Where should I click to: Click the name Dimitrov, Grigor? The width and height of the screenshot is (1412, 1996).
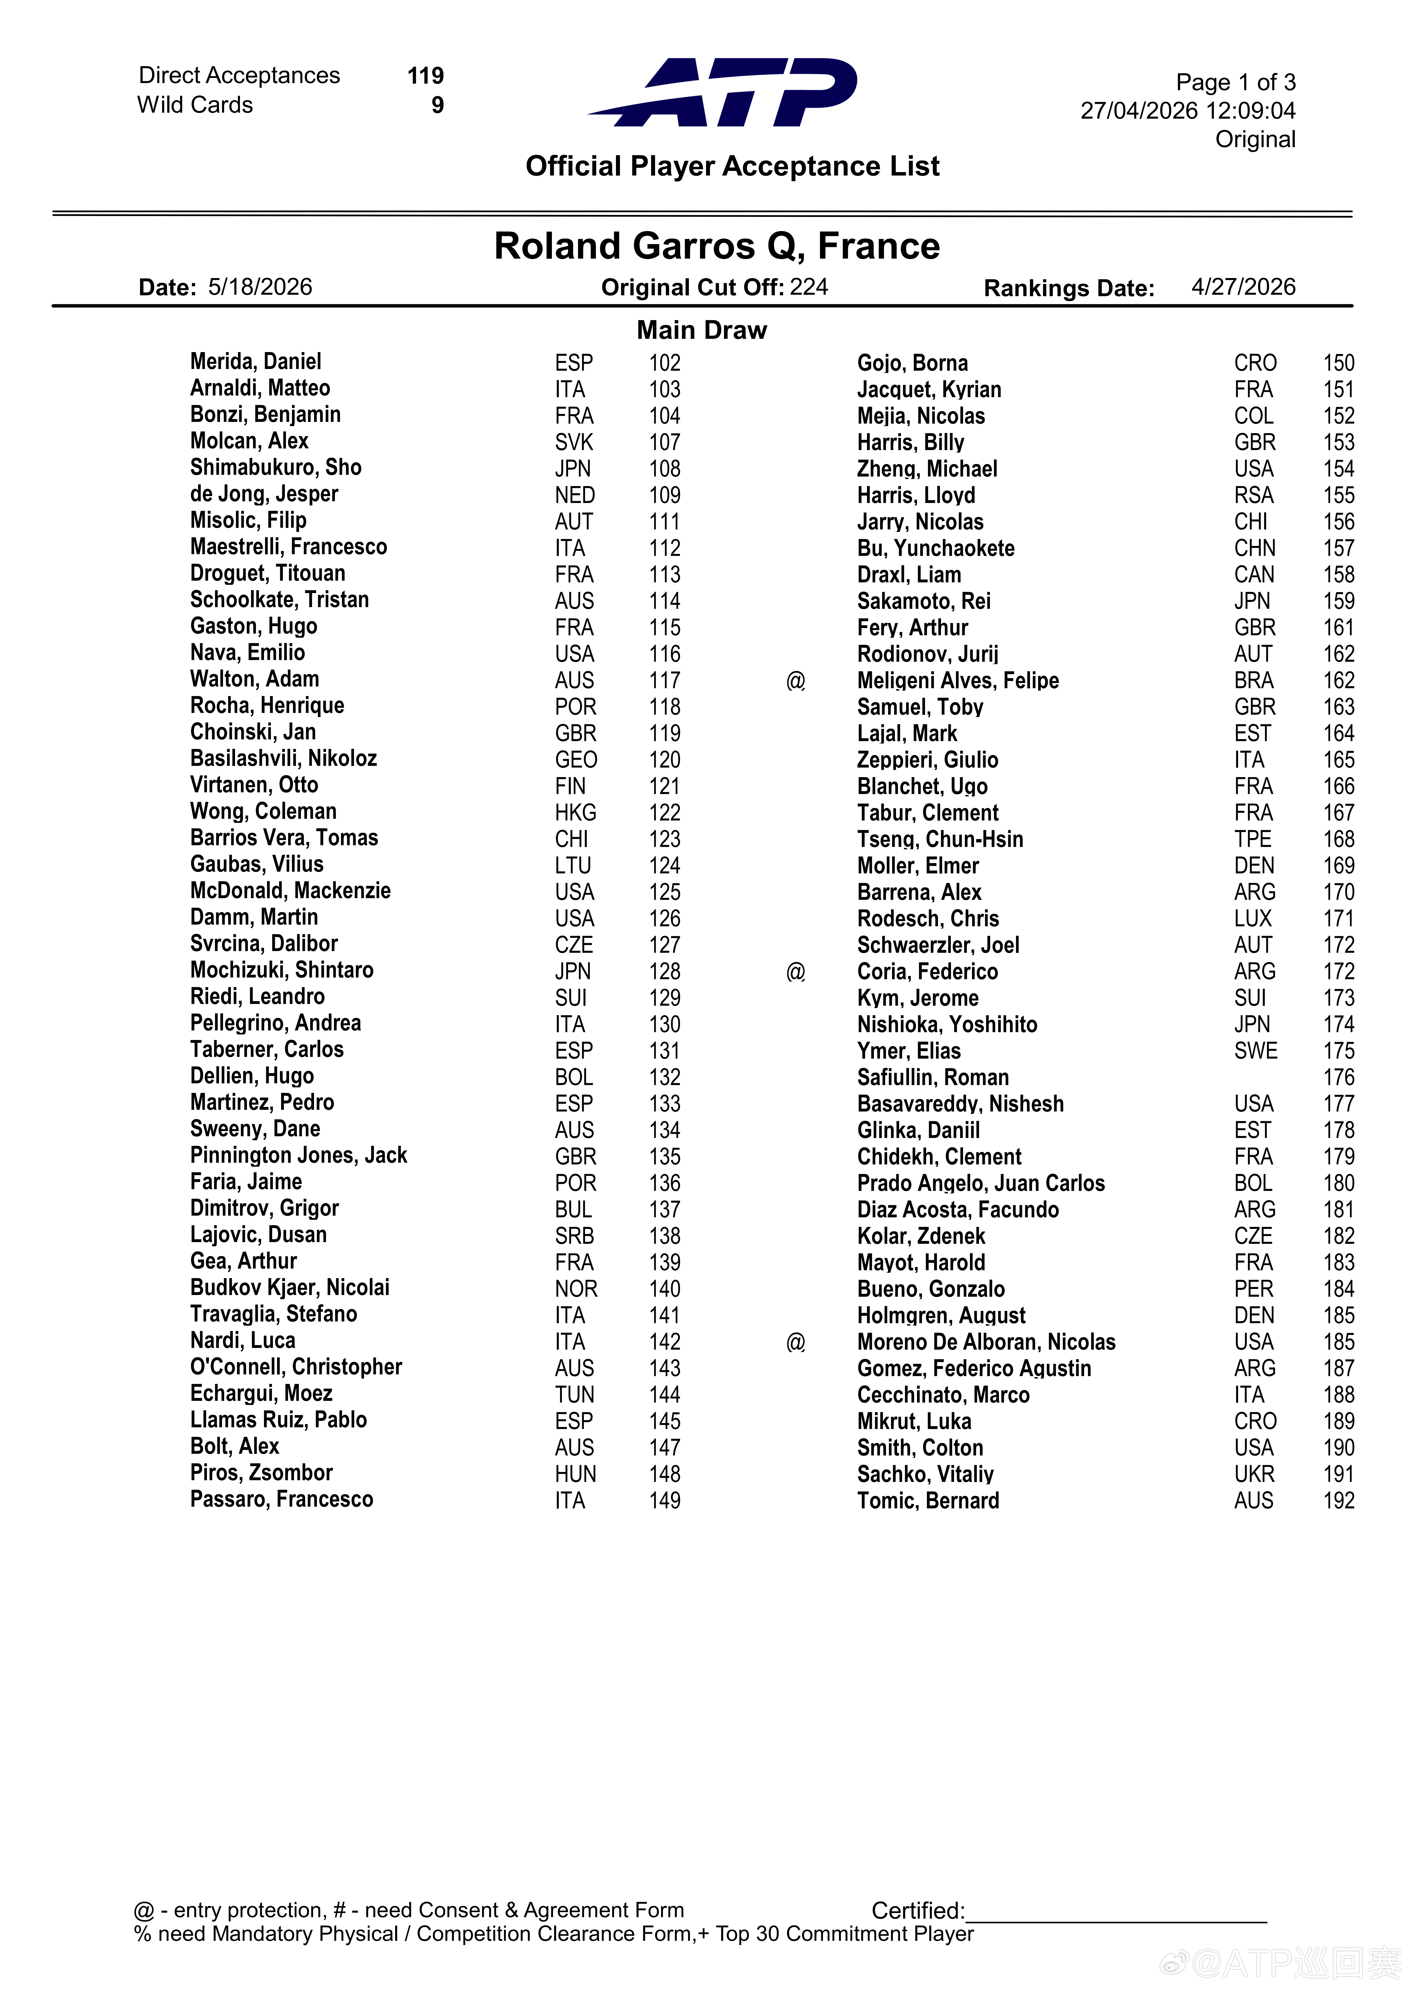(x=264, y=1208)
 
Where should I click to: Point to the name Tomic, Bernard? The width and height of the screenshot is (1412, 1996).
(x=928, y=1501)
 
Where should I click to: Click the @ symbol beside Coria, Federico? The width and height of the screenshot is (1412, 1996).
(x=796, y=972)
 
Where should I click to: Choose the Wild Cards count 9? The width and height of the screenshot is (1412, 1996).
(x=437, y=105)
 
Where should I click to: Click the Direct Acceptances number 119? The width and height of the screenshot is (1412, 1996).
(x=425, y=76)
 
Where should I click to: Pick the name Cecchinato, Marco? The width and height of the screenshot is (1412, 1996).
(x=943, y=1394)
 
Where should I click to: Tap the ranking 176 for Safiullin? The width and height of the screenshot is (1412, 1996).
(x=1338, y=1077)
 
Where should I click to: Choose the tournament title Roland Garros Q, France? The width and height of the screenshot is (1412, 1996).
(x=716, y=246)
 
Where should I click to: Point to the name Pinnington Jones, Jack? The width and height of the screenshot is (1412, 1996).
(x=298, y=1155)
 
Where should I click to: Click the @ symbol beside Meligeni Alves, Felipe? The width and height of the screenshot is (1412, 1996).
(x=796, y=681)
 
